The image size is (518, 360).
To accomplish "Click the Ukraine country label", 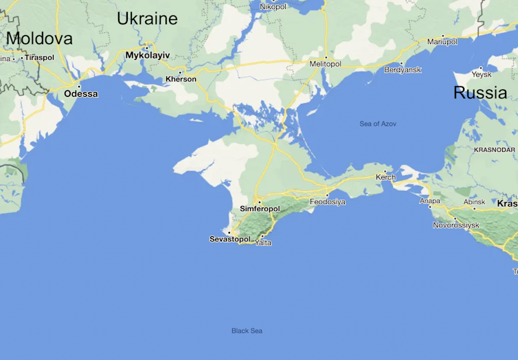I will tap(147, 19).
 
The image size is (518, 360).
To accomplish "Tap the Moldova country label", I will tap(39, 38).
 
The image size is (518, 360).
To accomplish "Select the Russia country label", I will tap(480, 93).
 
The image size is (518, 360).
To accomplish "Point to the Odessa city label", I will tap(81, 93).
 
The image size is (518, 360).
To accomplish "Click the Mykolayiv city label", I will tap(147, 55).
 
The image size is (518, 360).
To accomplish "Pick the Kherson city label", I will tap(181, 79).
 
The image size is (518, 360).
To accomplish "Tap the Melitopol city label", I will tap(326, 64).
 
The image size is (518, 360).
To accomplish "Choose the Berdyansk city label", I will tap(403, 70).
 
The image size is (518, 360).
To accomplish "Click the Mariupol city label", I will tap(442, 42).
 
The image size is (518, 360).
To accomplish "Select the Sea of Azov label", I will tap(378, 124).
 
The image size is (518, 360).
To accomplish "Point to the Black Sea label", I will tap(247, 330).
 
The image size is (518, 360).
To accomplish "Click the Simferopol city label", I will tap(260, 208).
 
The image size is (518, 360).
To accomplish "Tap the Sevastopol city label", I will tap(230, 239).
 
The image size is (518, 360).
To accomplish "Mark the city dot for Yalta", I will tap(262, 236).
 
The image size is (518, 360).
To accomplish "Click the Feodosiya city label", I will tap(328, 202).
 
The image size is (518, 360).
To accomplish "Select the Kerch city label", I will tap(385, 177).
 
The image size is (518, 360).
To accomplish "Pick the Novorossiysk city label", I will tap(455, 225).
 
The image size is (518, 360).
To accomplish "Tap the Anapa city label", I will tap(430, 201).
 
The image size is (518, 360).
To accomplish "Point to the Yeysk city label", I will tap(482, 75).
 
